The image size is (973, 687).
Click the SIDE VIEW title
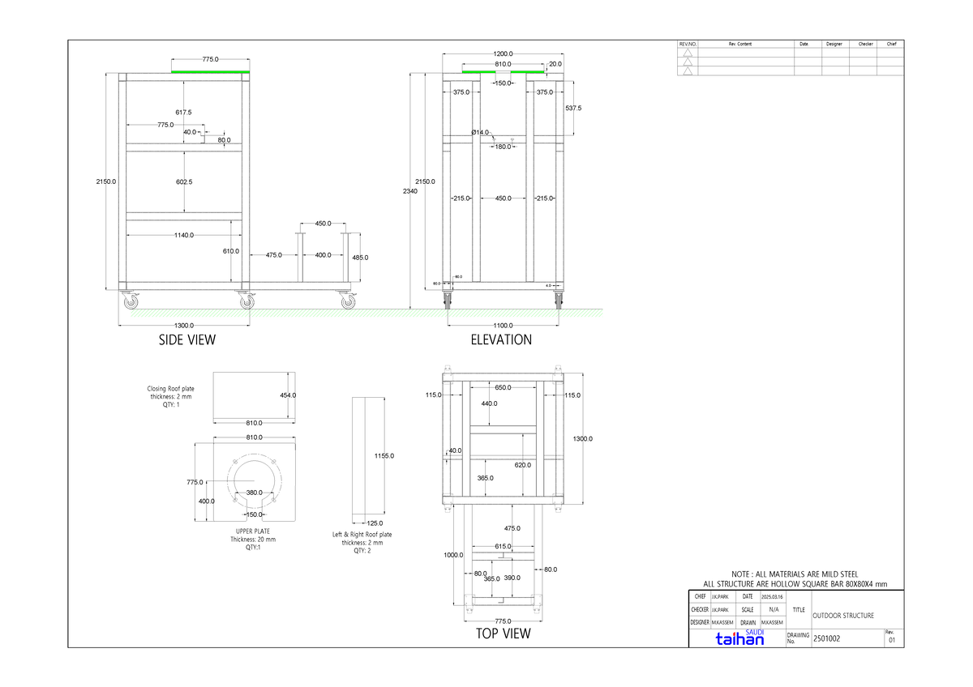[x=187, y=340]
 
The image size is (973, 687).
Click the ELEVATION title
[x=501, y=340]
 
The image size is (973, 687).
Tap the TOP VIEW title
[x=503, y=633]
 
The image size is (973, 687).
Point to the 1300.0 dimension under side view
[x=184, y=325]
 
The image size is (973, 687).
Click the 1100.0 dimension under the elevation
[x=503, y=325]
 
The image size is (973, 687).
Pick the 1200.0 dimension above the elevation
[x=503, y=53]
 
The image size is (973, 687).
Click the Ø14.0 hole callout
[x=480, y=132]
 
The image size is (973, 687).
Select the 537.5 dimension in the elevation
[x=573, y=108]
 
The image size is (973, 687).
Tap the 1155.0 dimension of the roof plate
[x=384, y=456]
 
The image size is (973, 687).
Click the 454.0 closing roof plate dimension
[x=288, y=395]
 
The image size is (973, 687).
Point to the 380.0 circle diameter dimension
[x=254, y=493]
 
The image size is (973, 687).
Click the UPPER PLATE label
[x=252, y=531]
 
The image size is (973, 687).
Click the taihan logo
[x=739, y=639]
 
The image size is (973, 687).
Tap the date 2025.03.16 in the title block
[x=772, y=597]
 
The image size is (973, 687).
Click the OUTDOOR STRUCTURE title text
[x=843, y=616]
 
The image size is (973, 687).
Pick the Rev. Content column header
[x=739, y=44]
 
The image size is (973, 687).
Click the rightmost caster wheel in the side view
[x=348, y=301]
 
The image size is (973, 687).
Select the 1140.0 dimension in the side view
[x=183, y=236]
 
